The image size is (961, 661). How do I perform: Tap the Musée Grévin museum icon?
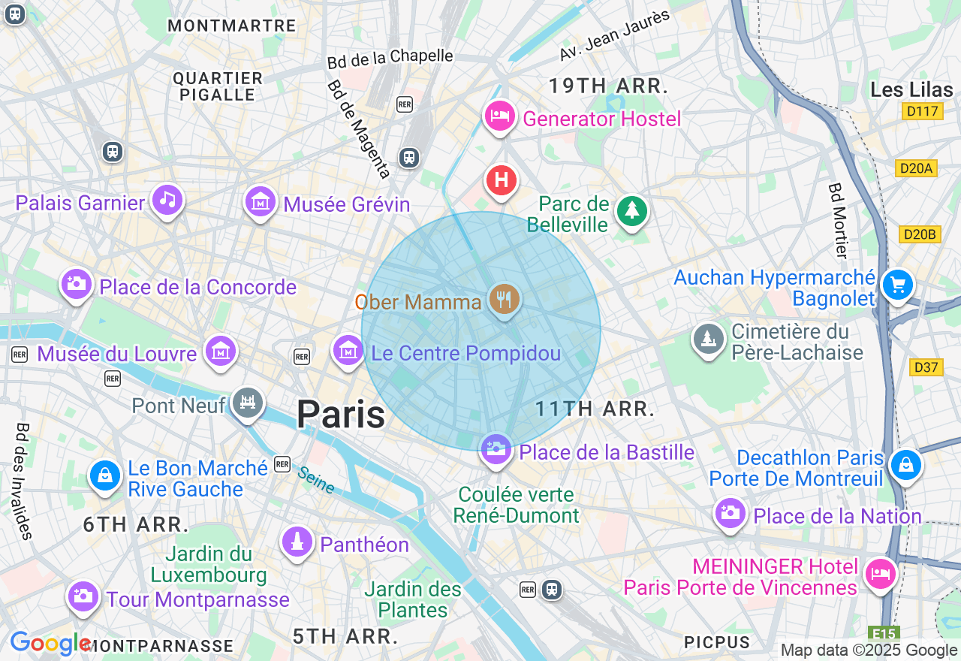(x=261, y=201)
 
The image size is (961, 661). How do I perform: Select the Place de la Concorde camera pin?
(x=76, y=285)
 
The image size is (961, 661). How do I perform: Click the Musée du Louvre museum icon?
(x=221, y=352)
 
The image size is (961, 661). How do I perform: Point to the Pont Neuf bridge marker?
(x=247, y=403)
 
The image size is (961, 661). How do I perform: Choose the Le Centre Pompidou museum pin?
(x=348, y=350)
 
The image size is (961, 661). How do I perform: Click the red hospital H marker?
(x=502, y=181)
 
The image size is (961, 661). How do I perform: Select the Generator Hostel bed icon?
(x=499, y=116)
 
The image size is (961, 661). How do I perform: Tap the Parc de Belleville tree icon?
(x=631, y=211)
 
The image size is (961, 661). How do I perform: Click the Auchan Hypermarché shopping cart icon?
(x=898, y=285)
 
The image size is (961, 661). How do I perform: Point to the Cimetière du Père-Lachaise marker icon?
(x=708, y=340)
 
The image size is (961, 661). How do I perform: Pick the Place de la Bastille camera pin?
(x=496, y=450)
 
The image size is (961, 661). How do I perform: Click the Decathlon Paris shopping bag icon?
(x=905, y=465)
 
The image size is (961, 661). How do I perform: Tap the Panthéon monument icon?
(x=297, y=542)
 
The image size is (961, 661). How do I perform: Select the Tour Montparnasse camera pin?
(x=83, y=597)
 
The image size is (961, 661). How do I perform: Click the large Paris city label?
(x=341, y=415)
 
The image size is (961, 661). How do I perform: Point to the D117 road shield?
(x=922, y=112)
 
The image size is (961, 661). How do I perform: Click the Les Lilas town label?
(x=911, y=90)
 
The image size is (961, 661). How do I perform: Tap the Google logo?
(x=50, y=644)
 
